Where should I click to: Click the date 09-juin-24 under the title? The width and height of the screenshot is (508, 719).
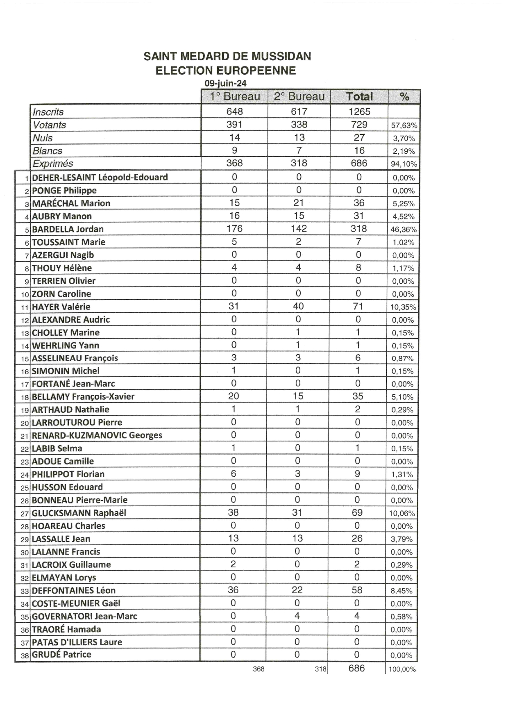point(226,83)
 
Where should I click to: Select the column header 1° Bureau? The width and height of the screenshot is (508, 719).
point(235,97)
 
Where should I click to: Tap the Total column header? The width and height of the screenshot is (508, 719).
point(359,97)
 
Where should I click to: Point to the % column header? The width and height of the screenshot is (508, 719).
point(404,97)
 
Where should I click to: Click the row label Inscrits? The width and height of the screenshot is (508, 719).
point(48,112)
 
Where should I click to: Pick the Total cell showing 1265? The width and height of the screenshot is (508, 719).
point(359,111)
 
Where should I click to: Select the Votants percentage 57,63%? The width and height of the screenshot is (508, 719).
point(404,125)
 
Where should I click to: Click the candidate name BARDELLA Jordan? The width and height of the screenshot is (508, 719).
point(68,229)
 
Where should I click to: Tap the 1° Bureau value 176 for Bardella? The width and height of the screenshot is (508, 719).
point(234,229)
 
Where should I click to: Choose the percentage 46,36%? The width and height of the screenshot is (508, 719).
point(404,230)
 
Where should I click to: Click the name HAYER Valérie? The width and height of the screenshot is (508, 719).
point(61,307)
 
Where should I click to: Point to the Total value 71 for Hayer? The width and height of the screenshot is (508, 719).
point(358,306)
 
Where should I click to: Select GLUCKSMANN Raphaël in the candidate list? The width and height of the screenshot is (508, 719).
point(79,513)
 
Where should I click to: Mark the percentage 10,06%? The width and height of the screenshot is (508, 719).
point(402,513)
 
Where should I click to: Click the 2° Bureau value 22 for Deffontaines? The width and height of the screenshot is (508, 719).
point(297,590)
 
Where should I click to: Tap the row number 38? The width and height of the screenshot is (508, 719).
point(25,655)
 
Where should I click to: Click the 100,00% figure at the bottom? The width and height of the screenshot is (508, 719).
point(402,669)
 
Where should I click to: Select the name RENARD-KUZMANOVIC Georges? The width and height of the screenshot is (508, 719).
point(97,435)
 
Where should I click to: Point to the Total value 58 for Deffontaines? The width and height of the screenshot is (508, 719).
point(357,590)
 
